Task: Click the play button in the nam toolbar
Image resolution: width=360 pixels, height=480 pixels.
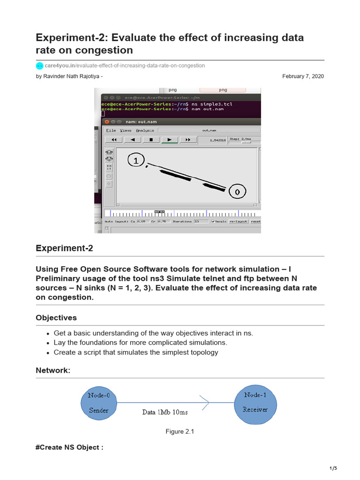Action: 169,140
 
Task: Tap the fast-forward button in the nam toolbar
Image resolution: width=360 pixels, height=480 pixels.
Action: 188,140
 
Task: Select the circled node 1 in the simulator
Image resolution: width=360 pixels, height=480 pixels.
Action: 136,161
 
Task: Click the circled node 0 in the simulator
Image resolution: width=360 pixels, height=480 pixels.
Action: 237,192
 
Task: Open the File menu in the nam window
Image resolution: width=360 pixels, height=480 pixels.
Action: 111,130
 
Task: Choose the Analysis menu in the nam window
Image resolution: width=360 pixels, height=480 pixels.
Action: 145,130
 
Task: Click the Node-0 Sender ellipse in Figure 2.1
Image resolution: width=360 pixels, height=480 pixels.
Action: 99,402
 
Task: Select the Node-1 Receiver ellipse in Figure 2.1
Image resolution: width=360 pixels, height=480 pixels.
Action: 255,402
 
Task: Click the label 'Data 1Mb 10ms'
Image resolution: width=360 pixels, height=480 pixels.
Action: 165,412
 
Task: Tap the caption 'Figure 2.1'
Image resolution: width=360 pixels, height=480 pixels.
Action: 180,432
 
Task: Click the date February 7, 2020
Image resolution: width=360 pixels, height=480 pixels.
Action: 303,76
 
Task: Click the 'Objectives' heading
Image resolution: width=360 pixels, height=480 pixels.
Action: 56,318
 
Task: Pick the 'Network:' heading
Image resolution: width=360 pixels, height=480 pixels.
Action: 53,370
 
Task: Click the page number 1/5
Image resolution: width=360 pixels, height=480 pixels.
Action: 333,468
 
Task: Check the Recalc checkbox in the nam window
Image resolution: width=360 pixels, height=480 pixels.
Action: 213,221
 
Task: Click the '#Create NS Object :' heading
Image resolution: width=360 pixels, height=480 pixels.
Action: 69,447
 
